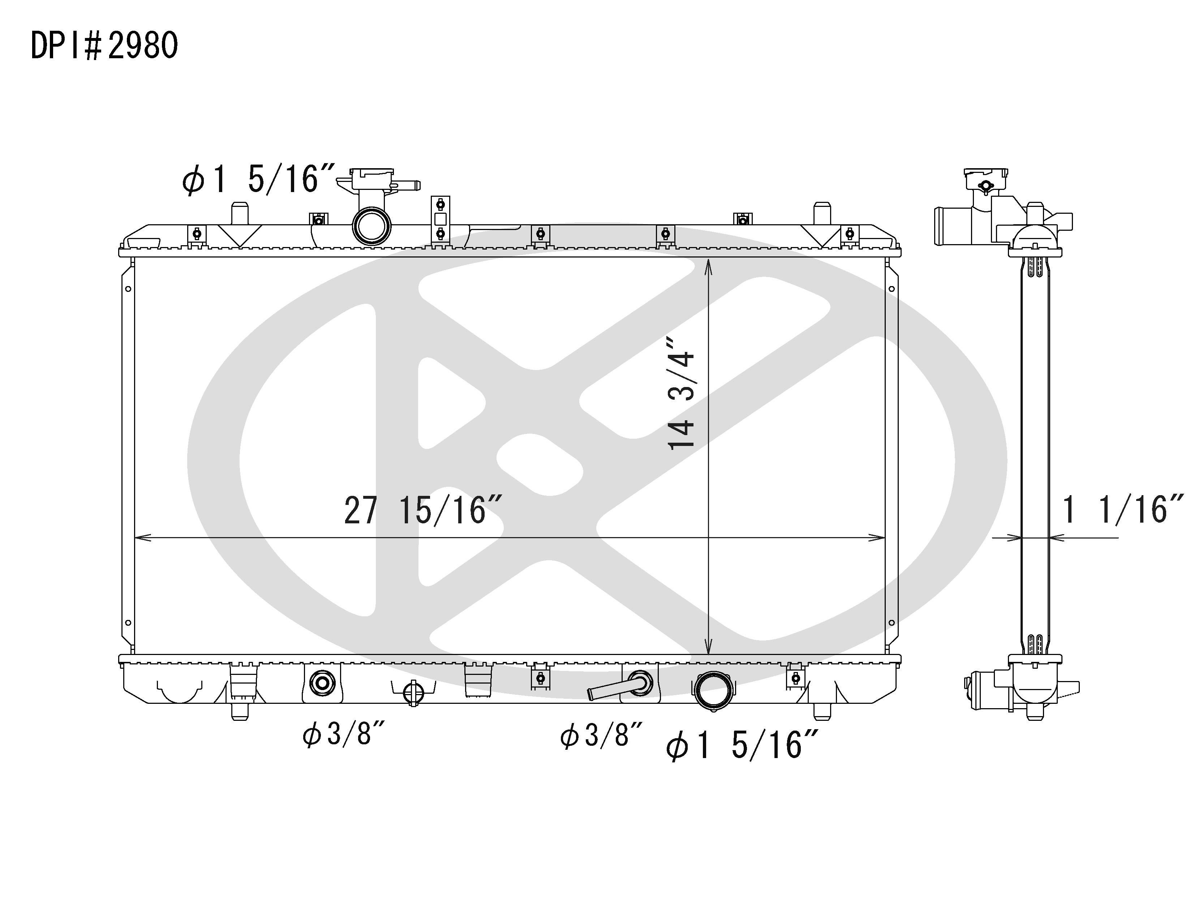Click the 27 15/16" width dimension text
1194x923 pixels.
(x=422, y=511)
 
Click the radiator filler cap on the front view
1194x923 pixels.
(x=372, y=179)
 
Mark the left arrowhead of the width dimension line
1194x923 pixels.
(x=138, y=538)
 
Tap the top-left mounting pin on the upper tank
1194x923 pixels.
(x=240, y=212)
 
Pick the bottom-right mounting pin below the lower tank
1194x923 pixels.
(x=822, y=711)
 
